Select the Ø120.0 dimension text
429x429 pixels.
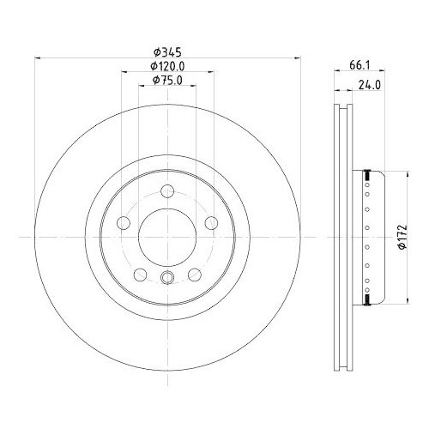tap(168, 67)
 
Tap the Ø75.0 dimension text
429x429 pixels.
tap(168, 80)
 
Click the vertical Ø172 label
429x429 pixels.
tap(400, 235)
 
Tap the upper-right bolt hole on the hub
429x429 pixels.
tap(212, 224)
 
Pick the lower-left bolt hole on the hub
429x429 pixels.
tap(140, 274)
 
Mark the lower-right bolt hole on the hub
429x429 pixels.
tap(195, 274)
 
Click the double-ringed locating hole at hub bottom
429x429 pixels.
tap(167, 276)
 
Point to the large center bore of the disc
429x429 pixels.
tap(167, 236)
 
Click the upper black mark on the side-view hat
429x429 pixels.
tap(367, 175)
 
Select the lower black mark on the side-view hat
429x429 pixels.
tap(367, 297)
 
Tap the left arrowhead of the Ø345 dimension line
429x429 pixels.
tap(37, 58)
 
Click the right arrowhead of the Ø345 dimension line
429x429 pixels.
tap(299, 58)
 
